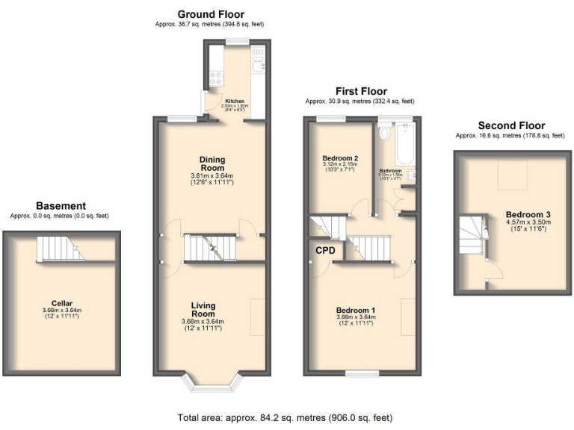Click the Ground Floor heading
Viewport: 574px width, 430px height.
(x=210, y=14)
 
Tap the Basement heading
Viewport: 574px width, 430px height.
(x=61, y=206)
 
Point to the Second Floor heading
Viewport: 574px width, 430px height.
(x=511, y=125)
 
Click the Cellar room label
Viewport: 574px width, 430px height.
(x=61, y=305)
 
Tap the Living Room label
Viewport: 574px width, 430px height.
(x=203, y=309)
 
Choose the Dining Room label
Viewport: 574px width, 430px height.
(x=212, y=163)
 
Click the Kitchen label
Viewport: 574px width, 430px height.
(x=235, y=101)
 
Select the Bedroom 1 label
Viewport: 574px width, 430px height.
(x=356, y=311)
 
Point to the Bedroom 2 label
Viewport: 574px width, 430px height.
(x=340, y=158)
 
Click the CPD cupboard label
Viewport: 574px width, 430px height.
(x=324, y=250)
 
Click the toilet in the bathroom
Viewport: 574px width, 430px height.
(x=385, y=134)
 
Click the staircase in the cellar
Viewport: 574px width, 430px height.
(x=61, y=249)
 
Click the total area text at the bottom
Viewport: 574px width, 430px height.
(x=286, y=417)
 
